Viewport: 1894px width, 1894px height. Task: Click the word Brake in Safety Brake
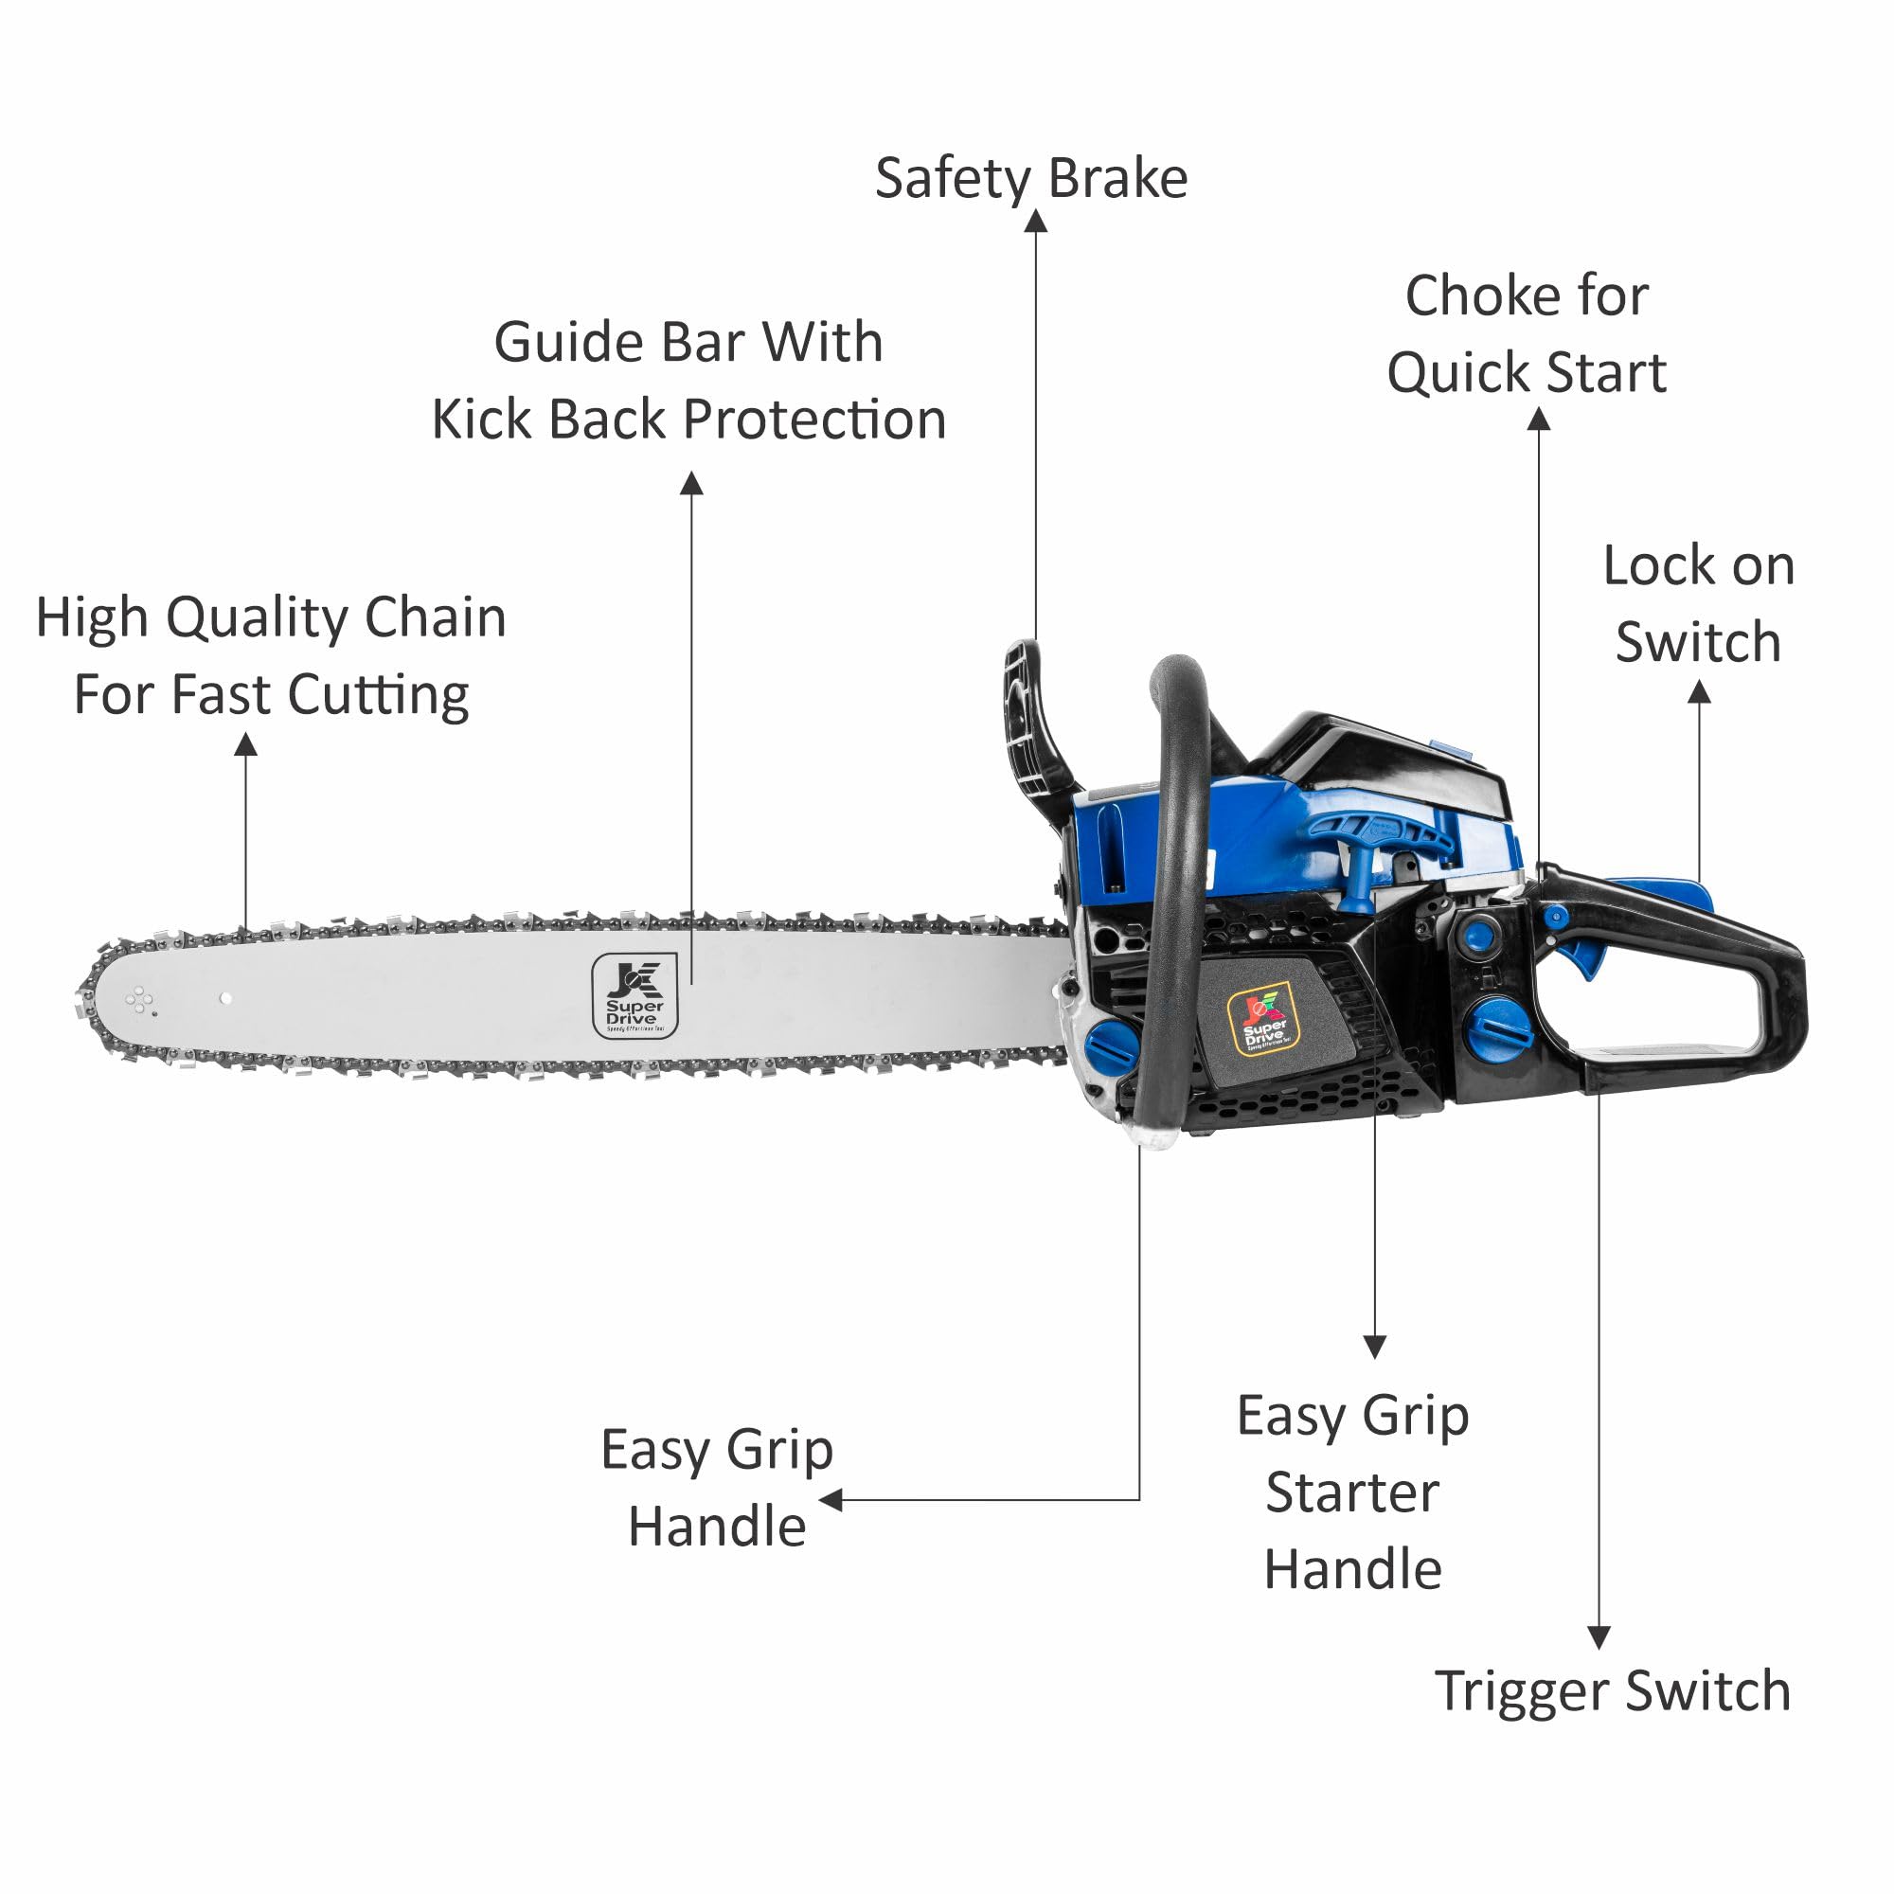point(1117,178)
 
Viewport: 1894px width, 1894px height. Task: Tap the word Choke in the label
point(1469,296)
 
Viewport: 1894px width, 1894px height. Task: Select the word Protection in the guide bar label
point(813,420)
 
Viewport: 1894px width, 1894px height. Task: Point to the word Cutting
point(379,696)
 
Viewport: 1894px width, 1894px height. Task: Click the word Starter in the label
point(1353,1493)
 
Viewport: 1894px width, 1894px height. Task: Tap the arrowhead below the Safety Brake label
point(1036,222)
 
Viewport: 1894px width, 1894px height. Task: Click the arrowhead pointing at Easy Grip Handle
point(831,1500)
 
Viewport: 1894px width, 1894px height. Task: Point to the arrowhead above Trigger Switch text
point(1599,1638)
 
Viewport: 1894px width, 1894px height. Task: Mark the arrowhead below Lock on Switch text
point(1699,693)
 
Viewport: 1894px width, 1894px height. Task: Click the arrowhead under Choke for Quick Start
point(1539,420)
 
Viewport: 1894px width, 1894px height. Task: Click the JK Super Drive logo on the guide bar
point(634,996)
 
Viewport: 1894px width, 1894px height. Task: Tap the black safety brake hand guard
point(1029,716)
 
